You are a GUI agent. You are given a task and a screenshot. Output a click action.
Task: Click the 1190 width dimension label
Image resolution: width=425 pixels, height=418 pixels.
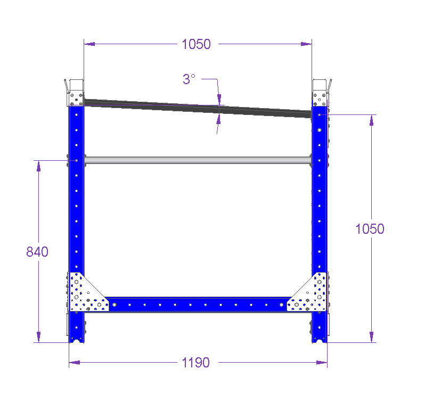(x=195, y=363)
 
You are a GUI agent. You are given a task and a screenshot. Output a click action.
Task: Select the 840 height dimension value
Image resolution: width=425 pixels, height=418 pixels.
(x=37, y=251)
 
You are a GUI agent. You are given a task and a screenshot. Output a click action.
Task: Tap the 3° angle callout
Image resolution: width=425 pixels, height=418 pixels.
(x=189, y=79)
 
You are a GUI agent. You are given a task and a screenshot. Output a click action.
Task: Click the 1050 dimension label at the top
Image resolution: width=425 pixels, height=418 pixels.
(x=196, y=44)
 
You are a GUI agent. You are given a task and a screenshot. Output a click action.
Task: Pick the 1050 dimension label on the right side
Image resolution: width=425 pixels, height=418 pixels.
(x=370, y=229)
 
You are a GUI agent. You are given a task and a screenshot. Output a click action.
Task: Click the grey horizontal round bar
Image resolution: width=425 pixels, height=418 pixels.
(x=198, y=160)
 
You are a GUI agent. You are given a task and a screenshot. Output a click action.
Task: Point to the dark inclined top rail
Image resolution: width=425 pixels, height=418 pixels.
(x=198, y=108)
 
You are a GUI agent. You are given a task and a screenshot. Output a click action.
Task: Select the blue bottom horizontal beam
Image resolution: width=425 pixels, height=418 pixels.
(x=198, y=305)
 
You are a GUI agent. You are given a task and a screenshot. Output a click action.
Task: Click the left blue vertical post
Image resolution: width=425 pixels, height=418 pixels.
(x=77, y=190)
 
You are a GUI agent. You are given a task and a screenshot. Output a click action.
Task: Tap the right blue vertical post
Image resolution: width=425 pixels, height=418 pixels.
(x=320, y=190)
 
